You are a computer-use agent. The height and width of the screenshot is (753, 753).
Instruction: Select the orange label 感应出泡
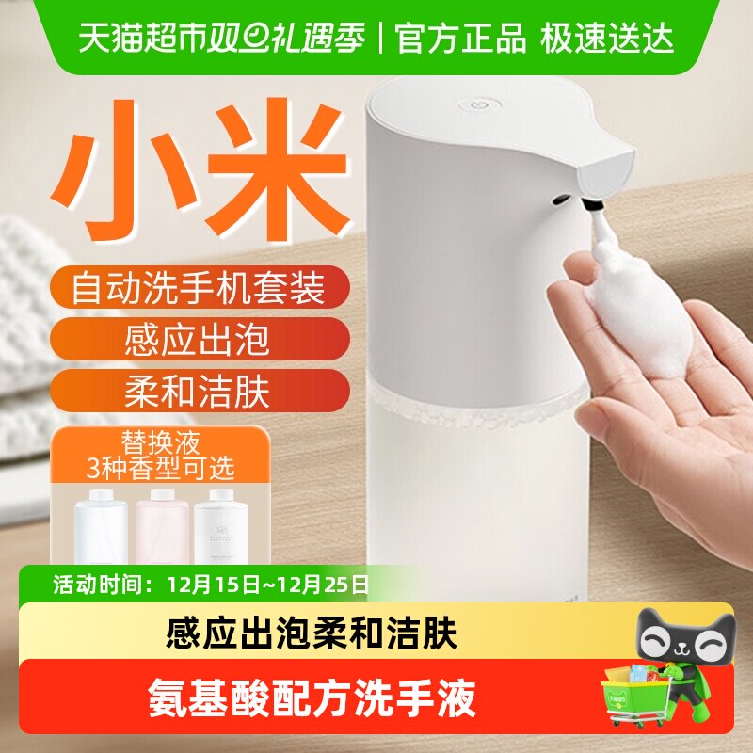pyautogui.click(x=197, y=339)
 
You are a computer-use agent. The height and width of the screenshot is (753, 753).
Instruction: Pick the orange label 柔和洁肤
pyautogui.click(x=197, y=391)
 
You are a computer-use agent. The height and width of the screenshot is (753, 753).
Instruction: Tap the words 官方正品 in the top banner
pyautogui.click(x=460, y=40)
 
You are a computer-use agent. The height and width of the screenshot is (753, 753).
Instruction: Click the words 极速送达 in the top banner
pyautogui.click(x=607, y=40)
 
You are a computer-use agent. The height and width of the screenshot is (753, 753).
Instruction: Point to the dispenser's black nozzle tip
pyautogui.click(x=593, y=200)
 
